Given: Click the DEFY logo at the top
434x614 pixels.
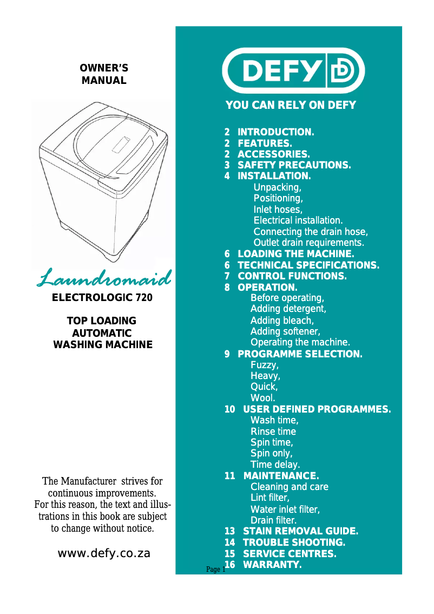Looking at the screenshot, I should [x=293, y=71].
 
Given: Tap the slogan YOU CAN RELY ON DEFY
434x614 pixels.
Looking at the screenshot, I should [x=291, y=105].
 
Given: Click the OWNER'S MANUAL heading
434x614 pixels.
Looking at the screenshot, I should [x=104, y=75].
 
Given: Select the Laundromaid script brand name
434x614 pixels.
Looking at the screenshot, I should [x=104, y=278].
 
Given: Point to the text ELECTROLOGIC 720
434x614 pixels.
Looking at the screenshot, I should [x=102, y=298].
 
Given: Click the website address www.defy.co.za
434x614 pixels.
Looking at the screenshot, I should [x=104, y=553].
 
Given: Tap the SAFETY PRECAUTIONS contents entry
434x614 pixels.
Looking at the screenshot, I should [x=294, y=165].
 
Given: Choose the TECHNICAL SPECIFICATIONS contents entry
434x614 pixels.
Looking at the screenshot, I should [x=308, y=265].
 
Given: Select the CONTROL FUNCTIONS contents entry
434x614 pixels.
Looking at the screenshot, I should [x=292, y=276].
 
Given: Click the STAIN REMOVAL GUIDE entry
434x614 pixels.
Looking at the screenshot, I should [x=300, y=531].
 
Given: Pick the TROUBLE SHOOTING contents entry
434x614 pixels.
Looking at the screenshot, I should [x=294, y=543].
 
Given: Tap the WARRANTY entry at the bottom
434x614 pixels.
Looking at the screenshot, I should [x=272, y=565].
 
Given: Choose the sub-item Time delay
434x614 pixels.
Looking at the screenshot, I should [x=275, y=465].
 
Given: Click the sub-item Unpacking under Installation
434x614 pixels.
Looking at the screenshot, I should [x=278, y=188].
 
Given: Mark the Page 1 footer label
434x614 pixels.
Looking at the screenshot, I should [x=215, y=570].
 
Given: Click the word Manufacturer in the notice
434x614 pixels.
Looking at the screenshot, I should [x=87, y=481].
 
